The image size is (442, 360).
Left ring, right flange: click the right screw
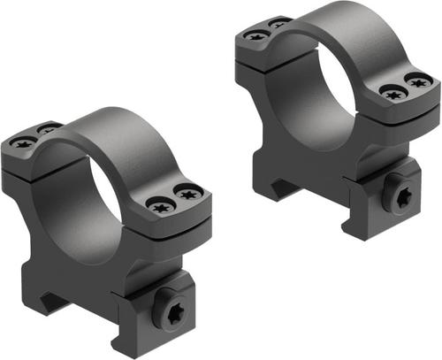(x=187, y=190)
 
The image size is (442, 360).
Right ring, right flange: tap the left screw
(x=391, y=91)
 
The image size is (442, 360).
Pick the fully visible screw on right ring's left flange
(x=255, y=36)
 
